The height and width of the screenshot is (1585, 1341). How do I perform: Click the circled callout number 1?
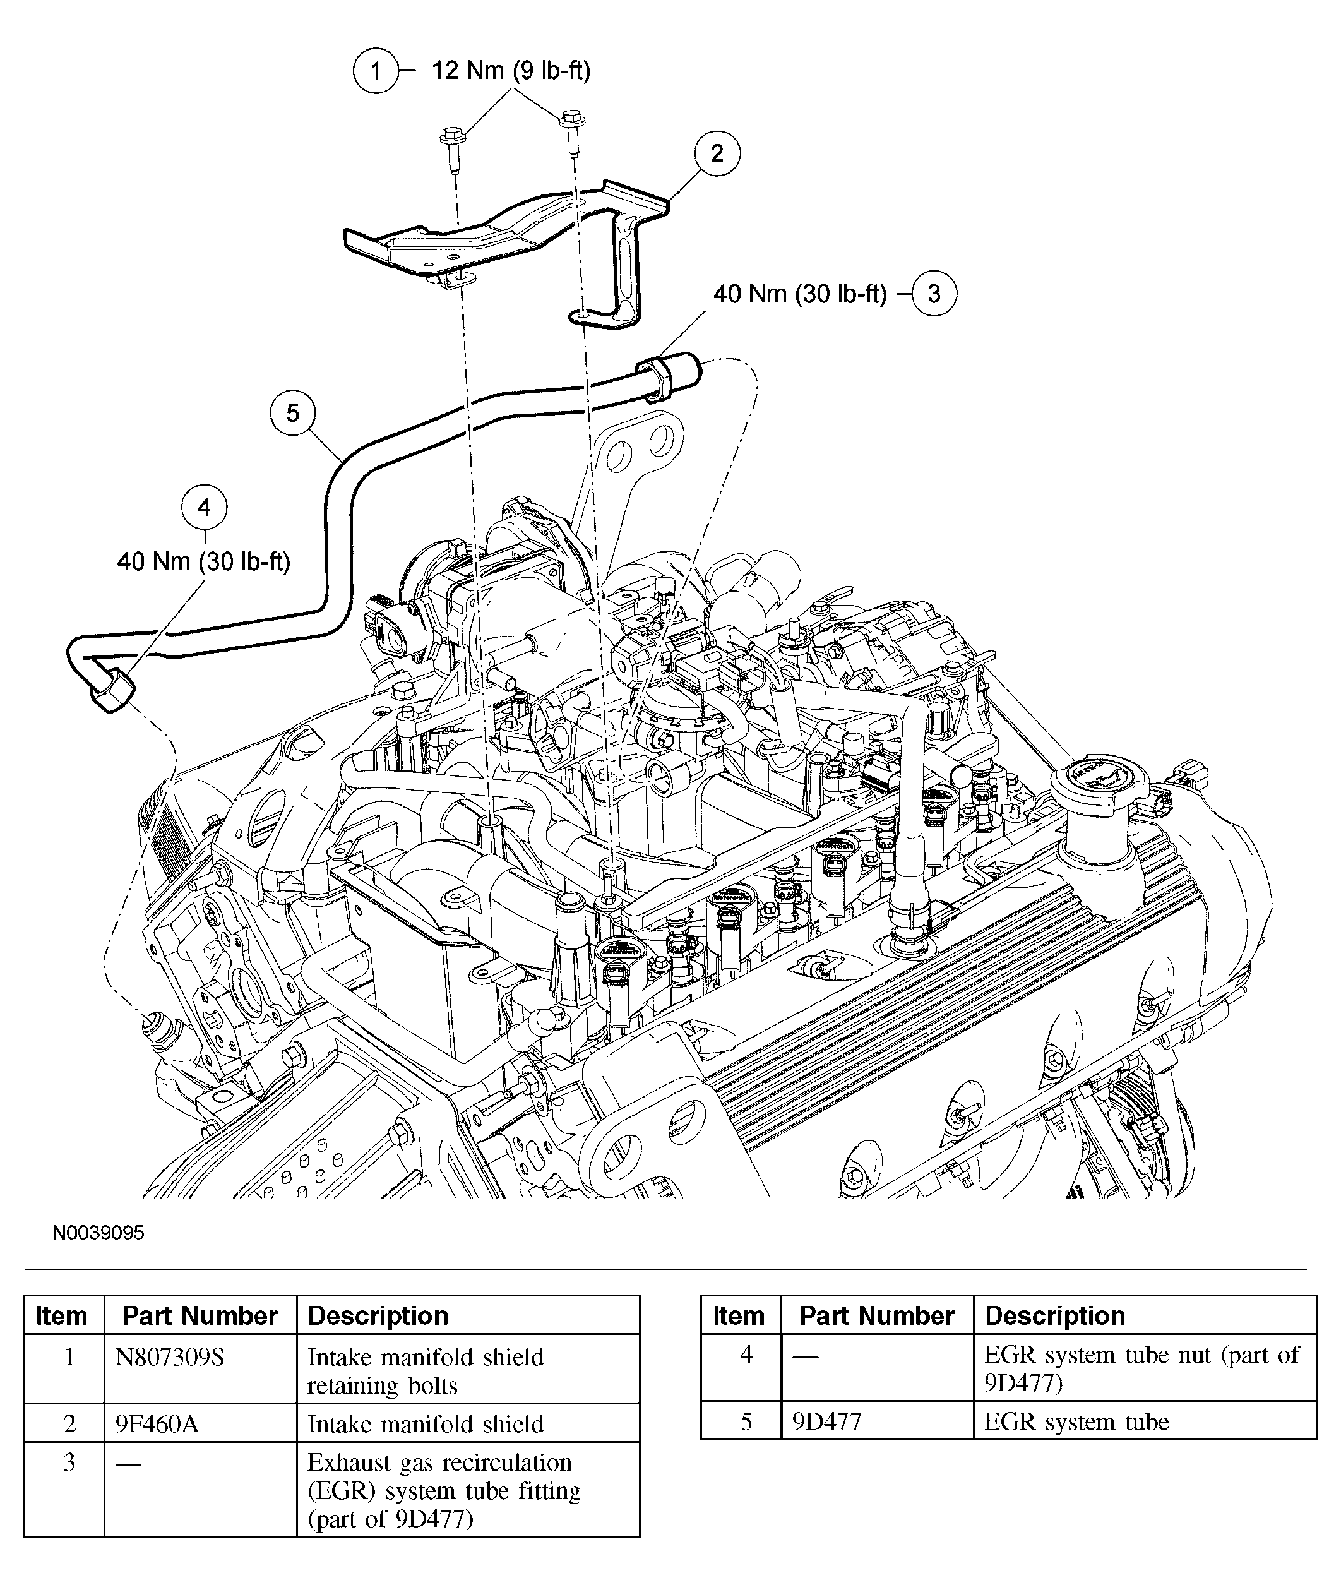[x=376, y=71]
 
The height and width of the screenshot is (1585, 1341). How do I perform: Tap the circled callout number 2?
[x=717, y=153]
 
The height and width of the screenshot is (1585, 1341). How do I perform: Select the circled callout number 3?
[x=934, y=294]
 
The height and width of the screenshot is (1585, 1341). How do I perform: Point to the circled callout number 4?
[x=204, y=507]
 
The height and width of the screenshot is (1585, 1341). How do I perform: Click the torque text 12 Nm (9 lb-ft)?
[x=511, y=71]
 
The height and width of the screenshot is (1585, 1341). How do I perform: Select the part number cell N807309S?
[x=170, y=1357]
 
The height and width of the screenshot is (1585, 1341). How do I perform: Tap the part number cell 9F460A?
[x=157, y=1424]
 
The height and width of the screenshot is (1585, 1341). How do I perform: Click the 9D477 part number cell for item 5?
[x=827, y=1421]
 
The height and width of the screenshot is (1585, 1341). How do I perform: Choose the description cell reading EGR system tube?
[x=1076, y=1421]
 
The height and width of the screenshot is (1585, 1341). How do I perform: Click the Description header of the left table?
[x=378, y=1316]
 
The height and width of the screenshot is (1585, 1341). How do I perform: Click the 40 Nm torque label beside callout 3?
[x=800, y=294]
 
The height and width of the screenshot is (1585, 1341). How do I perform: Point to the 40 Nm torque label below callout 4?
[x=204, y=562]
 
